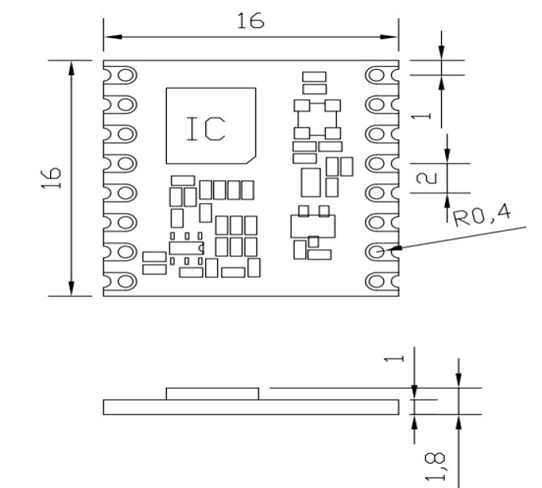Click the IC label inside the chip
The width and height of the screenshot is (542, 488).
pos(205,128)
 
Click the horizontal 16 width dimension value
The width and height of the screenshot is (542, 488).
pos(251,22)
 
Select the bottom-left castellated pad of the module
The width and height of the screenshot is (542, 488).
pos(123,281)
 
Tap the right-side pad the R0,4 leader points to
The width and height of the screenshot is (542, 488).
pos(379,251)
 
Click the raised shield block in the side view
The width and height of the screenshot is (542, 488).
pos(211,393)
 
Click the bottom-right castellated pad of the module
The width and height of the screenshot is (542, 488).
pos(379,281)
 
